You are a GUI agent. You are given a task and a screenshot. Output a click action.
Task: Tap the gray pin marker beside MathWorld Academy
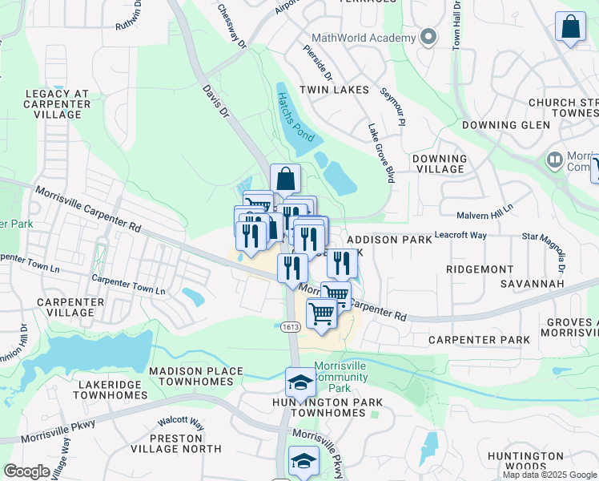428,37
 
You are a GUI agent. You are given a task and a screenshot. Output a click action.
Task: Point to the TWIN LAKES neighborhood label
334,91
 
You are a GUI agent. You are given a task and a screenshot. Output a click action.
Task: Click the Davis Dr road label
216,102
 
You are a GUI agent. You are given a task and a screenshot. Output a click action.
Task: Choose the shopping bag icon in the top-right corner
571,27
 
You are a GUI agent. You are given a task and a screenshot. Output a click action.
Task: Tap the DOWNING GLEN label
505,125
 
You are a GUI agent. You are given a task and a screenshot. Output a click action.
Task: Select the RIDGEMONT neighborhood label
480,270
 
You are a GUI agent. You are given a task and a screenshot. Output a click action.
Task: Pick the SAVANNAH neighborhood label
533,284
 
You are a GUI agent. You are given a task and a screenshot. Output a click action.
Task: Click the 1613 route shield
289,326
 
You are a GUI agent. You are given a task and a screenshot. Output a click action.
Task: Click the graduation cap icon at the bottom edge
304,462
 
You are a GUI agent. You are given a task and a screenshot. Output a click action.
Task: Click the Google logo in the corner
26,471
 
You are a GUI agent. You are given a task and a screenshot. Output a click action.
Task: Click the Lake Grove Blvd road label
380,153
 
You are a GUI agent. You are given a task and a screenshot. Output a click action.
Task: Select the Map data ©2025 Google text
549,475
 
